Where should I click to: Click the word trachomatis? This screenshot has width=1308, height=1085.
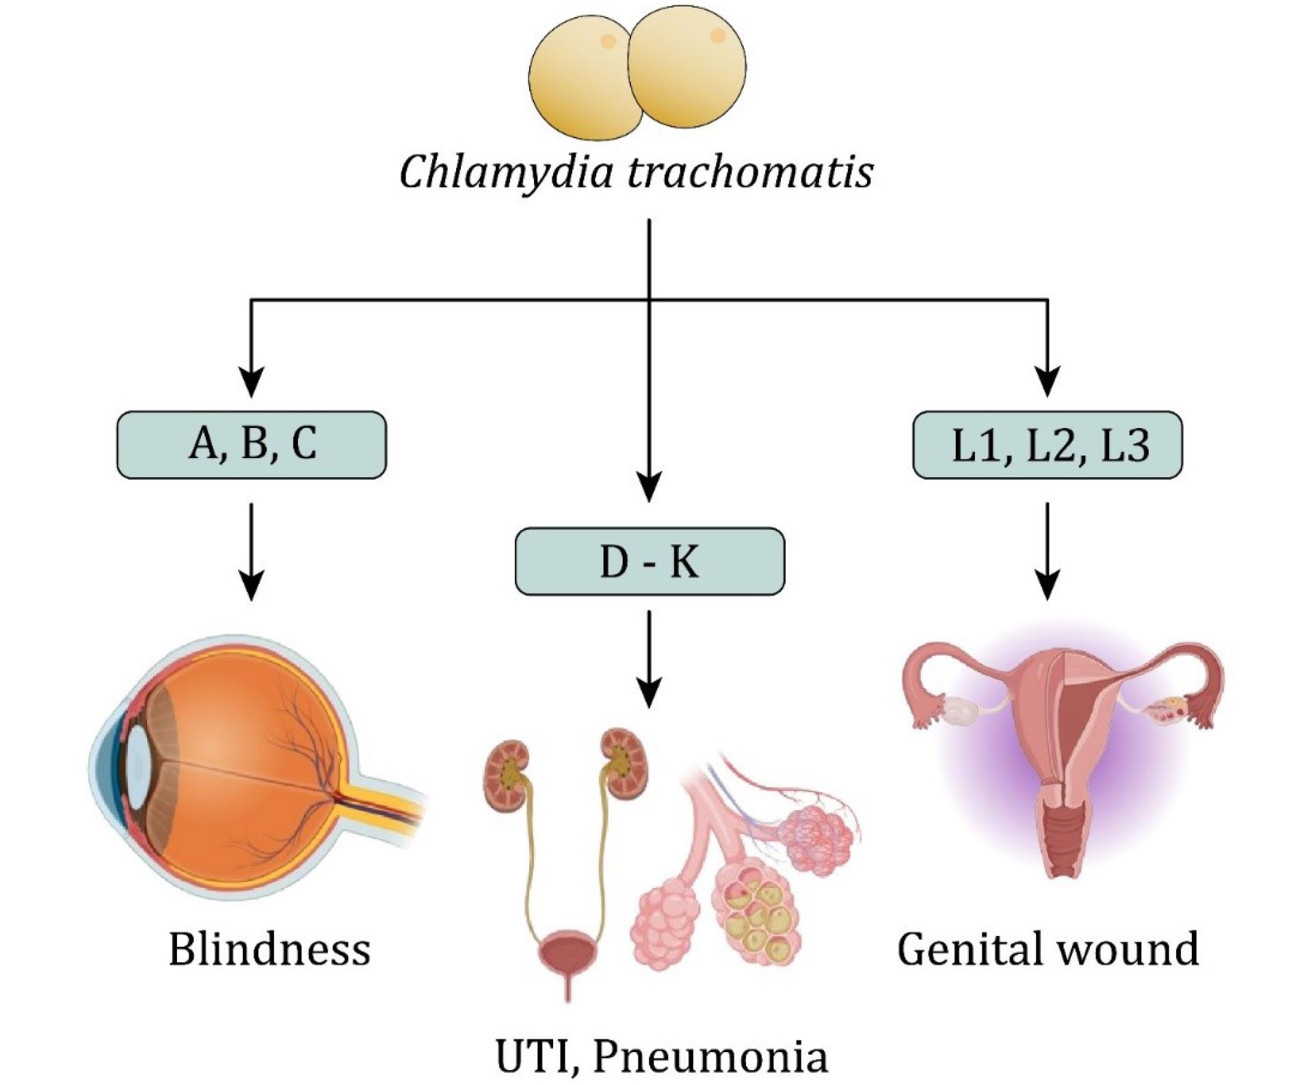[749, 171]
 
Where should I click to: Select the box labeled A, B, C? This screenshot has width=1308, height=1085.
[252, 445]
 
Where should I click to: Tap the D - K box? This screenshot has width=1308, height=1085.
[650, 561]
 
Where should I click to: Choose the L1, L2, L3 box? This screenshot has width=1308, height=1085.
[1047, 445]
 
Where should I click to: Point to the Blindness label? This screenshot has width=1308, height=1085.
[269, 949]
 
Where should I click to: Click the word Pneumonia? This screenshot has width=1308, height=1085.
[710, 1056]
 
